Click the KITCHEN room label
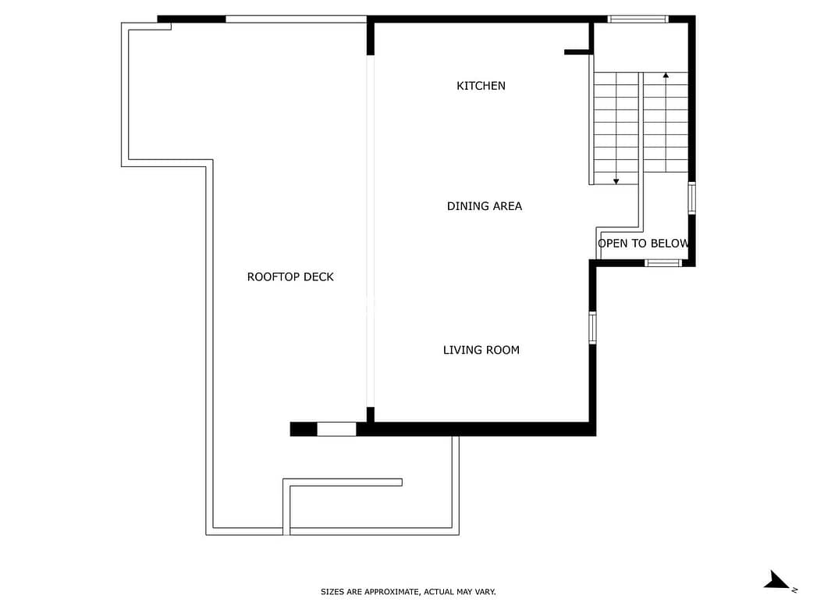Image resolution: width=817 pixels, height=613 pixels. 481,86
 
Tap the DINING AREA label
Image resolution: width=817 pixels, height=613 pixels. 485,206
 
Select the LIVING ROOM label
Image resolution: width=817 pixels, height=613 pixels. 481,351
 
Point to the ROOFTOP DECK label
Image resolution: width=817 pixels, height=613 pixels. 290,276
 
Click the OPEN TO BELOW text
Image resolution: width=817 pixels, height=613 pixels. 644,244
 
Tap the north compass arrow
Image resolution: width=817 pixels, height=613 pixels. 777,580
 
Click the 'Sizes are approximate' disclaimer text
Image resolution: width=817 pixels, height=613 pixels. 409,592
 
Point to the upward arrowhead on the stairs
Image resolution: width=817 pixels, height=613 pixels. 666,76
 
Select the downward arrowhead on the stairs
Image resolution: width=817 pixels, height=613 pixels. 616,181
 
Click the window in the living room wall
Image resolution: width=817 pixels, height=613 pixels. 592,327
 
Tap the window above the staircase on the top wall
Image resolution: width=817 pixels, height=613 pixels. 638,20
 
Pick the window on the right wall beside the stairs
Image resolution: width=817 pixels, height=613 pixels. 692,198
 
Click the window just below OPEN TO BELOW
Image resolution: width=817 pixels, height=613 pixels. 663,262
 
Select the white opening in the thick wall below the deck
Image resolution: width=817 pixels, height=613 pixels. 336,429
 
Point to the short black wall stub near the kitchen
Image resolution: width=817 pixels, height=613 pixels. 577,52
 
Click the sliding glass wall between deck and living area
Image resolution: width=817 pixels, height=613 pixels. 371,231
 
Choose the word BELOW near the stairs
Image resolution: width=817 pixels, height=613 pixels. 670,244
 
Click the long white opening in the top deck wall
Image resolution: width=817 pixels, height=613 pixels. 296,20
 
